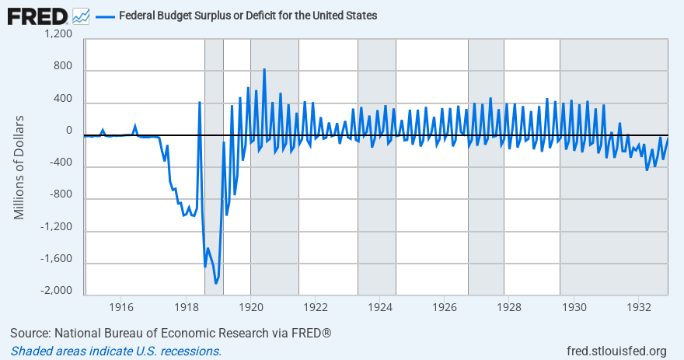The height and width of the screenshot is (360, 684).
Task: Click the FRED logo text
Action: coord(37,16)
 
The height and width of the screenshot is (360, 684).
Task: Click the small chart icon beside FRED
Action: coord(80,16)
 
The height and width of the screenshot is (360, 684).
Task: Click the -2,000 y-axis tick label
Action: coord(56,291)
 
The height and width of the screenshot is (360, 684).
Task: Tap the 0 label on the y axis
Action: coord(68,131)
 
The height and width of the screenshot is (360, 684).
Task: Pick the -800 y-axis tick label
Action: coord(60,194)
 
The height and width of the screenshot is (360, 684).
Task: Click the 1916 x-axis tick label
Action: coord(120,308)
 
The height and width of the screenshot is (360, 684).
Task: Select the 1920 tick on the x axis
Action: coord(250,308)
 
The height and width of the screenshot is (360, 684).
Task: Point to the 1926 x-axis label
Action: coord(444,308)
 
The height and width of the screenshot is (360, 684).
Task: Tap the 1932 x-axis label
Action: coord(638,308)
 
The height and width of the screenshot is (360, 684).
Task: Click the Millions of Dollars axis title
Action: coord(19,167)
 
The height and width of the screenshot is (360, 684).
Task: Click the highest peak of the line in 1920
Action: coord(264,69)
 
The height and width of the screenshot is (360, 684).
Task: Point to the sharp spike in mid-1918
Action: coord(200,103)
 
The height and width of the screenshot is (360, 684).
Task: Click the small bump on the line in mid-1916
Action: coord(135,126)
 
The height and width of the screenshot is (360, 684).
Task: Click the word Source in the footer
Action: coord(29,334)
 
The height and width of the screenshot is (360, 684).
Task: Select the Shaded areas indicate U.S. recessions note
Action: coord(116,351)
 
